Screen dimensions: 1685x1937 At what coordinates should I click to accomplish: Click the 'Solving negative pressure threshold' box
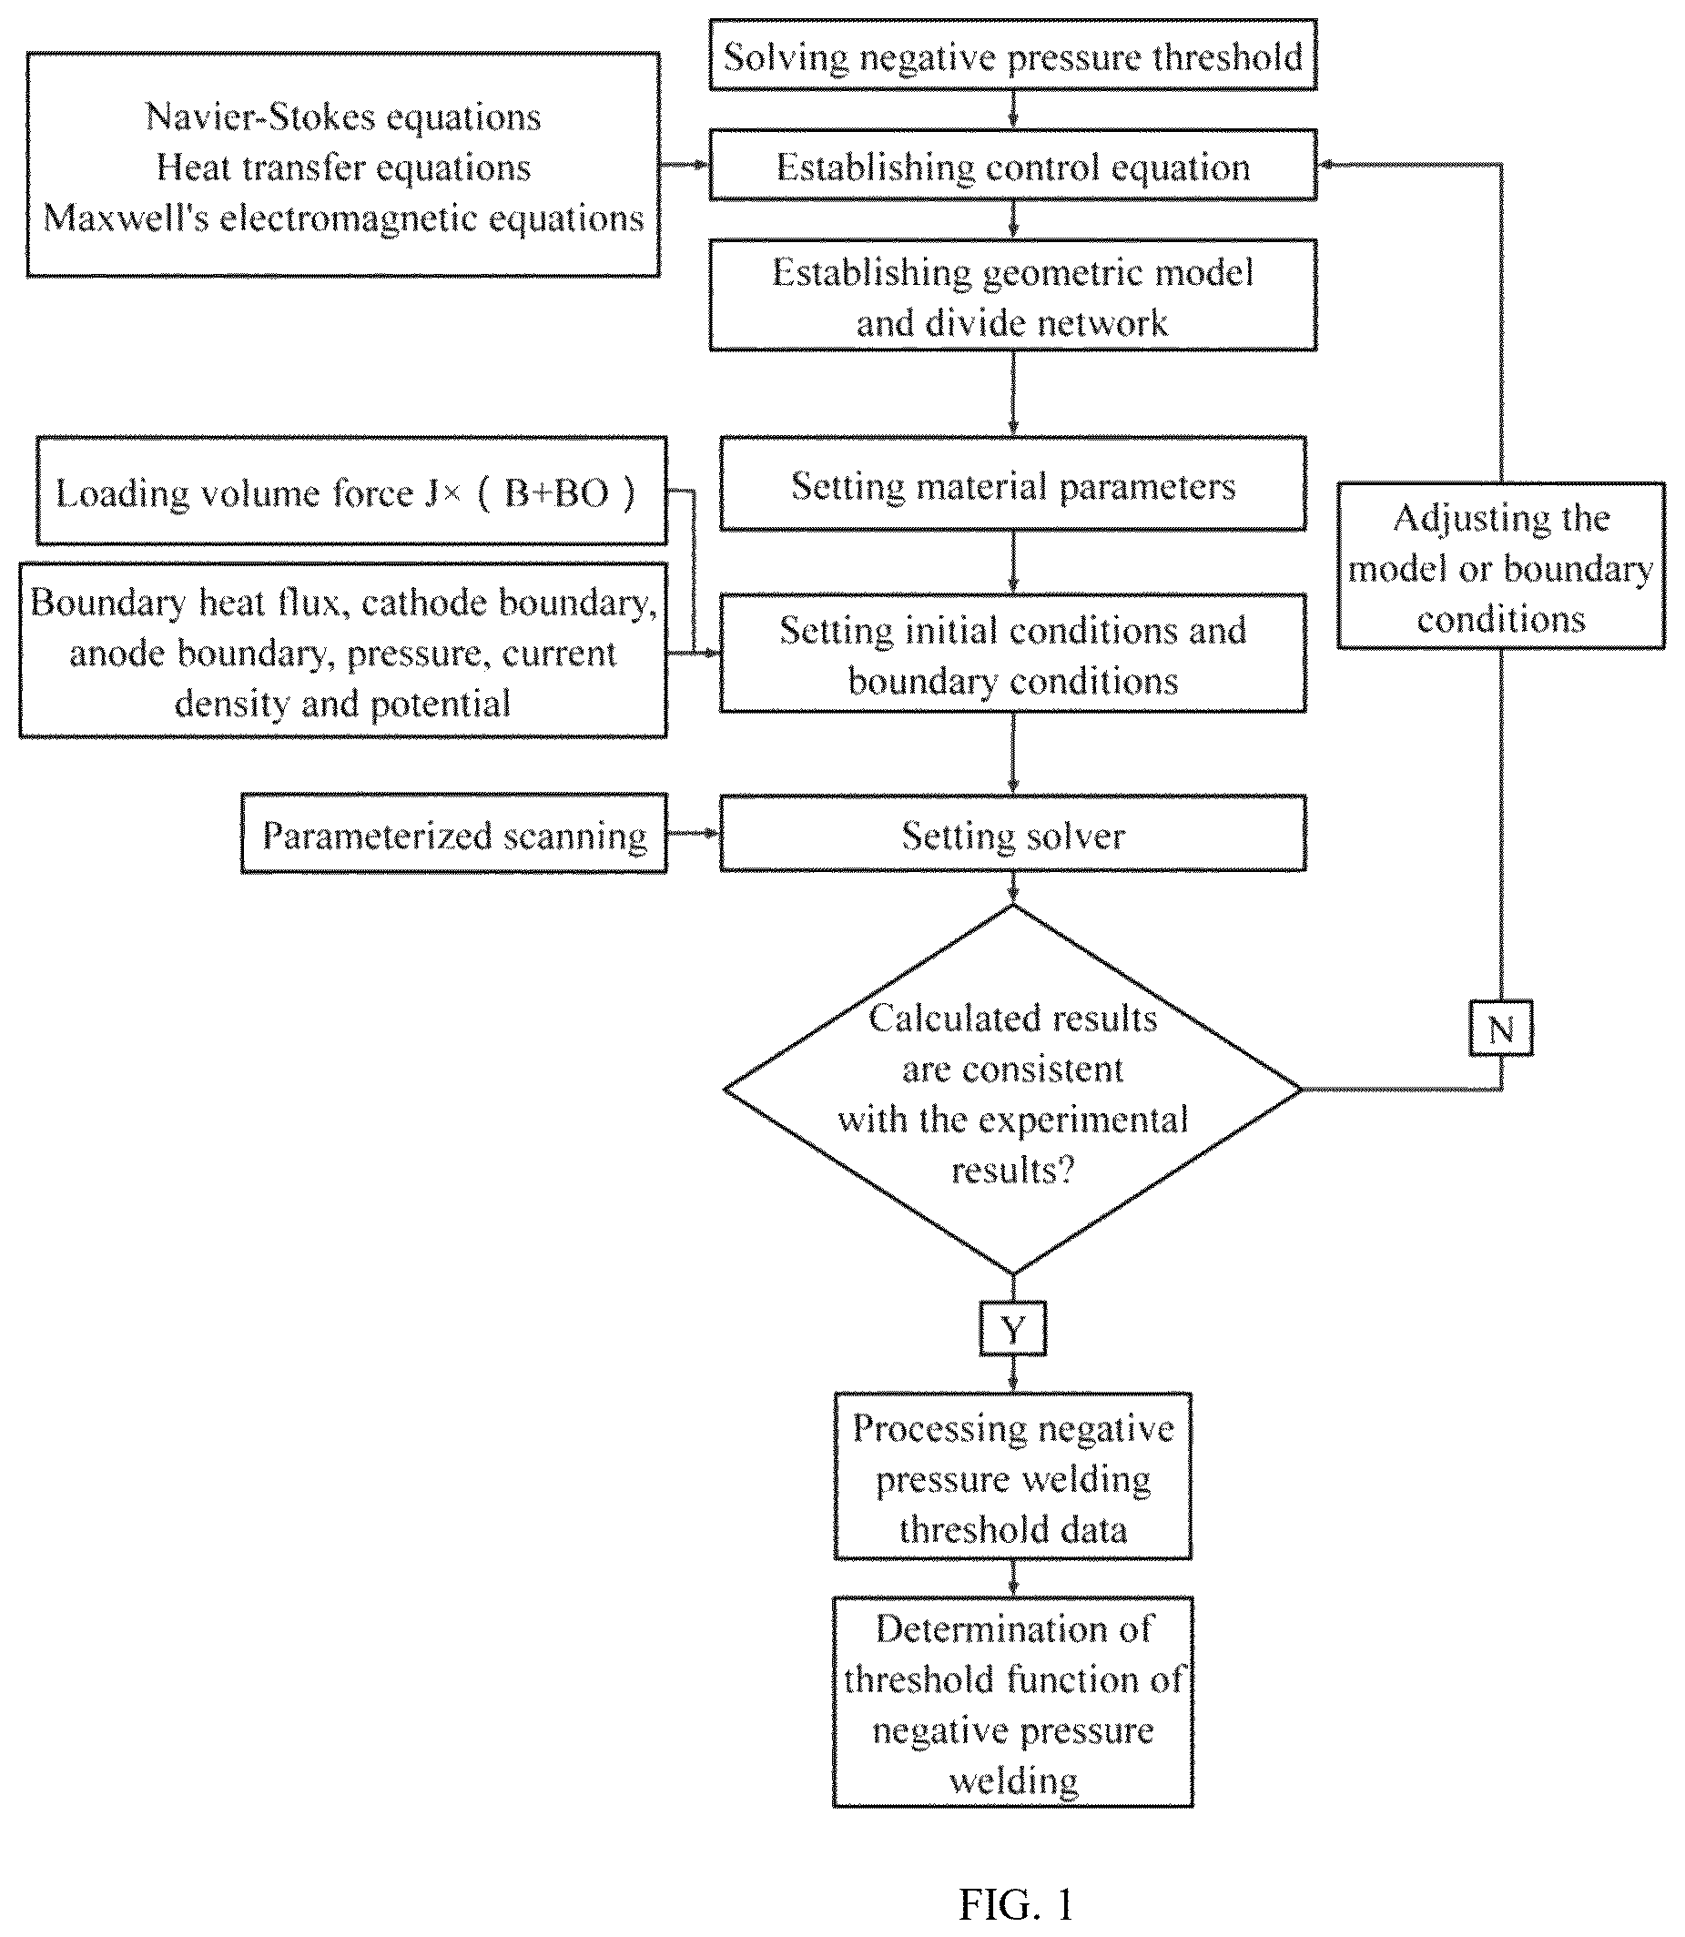1012,56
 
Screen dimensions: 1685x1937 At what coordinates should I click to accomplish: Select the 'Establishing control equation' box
1012,166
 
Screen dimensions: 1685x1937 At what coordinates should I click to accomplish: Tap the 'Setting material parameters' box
1012,483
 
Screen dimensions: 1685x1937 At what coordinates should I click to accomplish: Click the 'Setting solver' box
1012,834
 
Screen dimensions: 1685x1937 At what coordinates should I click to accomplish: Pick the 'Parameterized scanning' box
454,834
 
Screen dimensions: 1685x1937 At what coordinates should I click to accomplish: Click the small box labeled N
1501,1028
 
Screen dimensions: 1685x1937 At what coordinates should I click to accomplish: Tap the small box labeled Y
1012,1329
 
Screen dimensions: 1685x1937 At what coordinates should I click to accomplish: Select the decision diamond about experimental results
1012,1090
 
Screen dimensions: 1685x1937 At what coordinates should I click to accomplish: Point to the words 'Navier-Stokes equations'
343,117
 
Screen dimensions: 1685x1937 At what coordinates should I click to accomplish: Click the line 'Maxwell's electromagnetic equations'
343,218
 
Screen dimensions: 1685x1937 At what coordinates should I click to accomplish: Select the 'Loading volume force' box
351,490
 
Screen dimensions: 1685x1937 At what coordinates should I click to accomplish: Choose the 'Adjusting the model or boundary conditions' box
1501,566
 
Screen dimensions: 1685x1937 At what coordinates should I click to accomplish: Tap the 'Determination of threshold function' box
1012,1703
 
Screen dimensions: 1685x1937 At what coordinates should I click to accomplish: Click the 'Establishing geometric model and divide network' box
1012,296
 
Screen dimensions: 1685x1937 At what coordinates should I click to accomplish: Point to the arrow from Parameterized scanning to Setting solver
693,833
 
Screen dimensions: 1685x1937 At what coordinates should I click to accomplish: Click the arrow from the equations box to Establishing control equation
685,165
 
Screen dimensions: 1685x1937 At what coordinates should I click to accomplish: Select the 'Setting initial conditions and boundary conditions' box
1012,654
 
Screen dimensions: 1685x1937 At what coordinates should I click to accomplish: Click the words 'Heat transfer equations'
343,167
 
